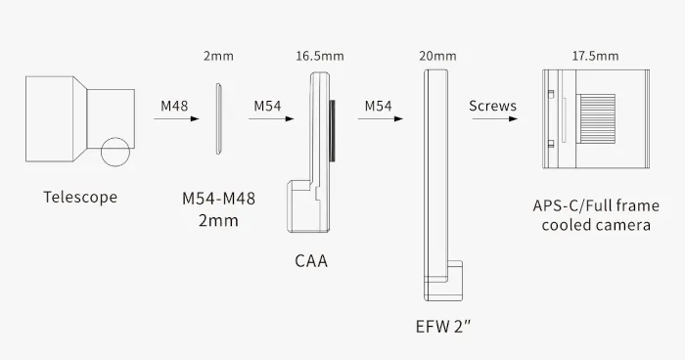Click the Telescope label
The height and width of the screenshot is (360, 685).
pos(80,198)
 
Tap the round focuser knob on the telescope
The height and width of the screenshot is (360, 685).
pos(116,154)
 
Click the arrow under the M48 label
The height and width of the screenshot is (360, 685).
pos(176,119)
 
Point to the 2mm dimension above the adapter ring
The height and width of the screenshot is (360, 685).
pos(218,58)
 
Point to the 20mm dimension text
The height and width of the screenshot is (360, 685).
pos(431,58)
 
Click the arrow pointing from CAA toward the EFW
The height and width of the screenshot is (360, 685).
pos(380,119)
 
